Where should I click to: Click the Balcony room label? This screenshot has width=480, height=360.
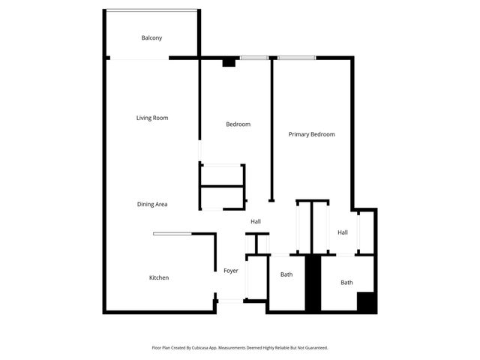click(x=151, y=38)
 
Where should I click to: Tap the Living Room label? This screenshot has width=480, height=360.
click(x=151, y=118)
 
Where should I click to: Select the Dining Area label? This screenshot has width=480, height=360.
click(x=151, y=204)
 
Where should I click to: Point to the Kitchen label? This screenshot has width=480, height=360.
click(x=158, y=277)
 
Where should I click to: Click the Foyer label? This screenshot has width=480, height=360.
click(x=231, y=271)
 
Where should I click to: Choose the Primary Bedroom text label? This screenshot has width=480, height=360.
click(x=311, y=134)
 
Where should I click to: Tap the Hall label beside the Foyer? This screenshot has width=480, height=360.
click(x=256, y=221)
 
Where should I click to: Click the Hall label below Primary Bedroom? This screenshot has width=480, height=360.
click(x=343, y=232)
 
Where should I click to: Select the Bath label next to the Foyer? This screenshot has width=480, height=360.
click(x=286, y=274)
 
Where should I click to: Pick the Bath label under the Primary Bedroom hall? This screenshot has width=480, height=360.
click(x=346, y=283)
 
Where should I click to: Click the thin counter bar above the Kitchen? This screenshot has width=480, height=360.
click(x=172, y=234)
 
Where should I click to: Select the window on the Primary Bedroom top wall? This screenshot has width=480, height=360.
click(x=296, y=57)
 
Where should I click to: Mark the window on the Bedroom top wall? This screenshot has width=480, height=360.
click(x=255, y=57)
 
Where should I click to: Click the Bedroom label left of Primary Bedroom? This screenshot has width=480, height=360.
click(x=238, y=124)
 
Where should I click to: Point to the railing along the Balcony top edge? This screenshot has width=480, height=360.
click(x=151, y=10)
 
